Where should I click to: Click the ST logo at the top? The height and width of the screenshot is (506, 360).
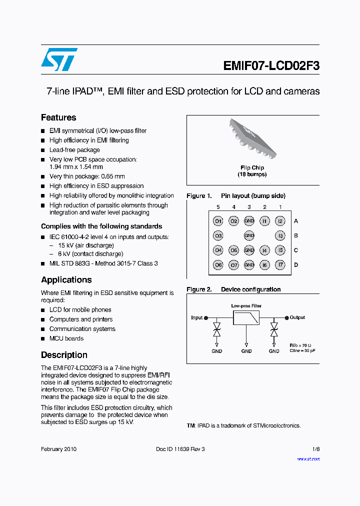point(59,59)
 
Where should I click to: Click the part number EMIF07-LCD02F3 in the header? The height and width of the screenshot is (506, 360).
point(271,66)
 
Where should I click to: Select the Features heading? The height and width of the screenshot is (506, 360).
point(58,117)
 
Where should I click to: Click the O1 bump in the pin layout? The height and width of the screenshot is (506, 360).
point(218,221)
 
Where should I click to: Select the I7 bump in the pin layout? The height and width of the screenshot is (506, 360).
point(280,265)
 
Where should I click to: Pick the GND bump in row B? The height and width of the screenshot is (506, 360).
point(249,235)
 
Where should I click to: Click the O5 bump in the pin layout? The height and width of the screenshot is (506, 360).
point(233,250)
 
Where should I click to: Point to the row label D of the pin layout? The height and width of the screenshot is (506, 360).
point(296,265)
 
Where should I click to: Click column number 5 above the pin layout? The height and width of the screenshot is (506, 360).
point(218,207)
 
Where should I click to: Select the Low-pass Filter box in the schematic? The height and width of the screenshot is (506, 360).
point(246,318)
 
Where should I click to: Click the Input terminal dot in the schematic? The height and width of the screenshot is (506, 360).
point(206,317)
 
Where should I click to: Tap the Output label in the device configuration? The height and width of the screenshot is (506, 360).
point(297,317)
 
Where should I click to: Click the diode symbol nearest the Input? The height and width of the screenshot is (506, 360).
point(217,329)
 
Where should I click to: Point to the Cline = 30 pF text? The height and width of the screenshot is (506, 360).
point(302,350)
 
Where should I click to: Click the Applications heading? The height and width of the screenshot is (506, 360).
point(66,279)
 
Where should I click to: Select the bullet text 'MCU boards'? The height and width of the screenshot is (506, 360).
point(66,338)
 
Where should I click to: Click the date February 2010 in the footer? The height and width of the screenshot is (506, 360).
point(58,449)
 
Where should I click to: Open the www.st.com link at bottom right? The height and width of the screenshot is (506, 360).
point(308,459)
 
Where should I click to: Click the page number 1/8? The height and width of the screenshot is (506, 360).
point(316,449)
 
